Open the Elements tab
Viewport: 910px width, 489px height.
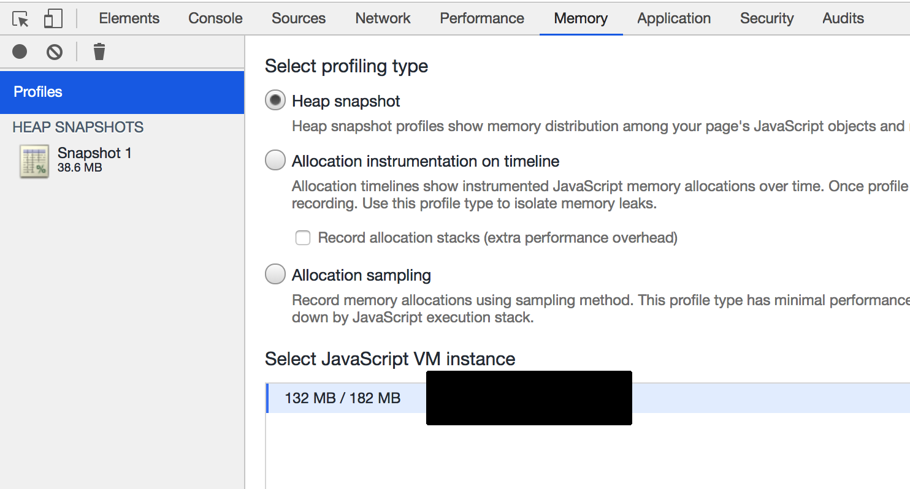click(129, 18)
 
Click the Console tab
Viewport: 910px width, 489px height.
click(215, 18)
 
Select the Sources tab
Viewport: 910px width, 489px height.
click(299, 18)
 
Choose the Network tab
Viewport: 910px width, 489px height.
click(383, 18)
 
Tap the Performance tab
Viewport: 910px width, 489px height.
click(482, 18)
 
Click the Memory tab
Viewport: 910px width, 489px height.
click(581, 18)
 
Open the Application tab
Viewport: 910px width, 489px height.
click(674, 18)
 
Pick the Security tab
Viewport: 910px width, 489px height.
click(767, 18)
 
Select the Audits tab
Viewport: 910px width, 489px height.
click(843, 18)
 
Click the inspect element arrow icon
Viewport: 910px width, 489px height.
click(21, 19)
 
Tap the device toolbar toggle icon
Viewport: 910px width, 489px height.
click(53, 19)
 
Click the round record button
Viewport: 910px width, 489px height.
click(20, 51)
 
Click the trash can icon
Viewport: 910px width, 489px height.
click(99, 51)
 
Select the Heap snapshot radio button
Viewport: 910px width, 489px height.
click(275, 100)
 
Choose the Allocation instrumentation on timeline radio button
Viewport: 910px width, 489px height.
click(275, 161)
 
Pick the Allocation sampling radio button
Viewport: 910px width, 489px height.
click(275, 275)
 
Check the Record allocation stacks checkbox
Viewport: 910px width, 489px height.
click(303, 238)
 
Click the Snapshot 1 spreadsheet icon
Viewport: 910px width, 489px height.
click(34, 161)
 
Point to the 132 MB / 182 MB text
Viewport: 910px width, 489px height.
click(342, 398)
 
